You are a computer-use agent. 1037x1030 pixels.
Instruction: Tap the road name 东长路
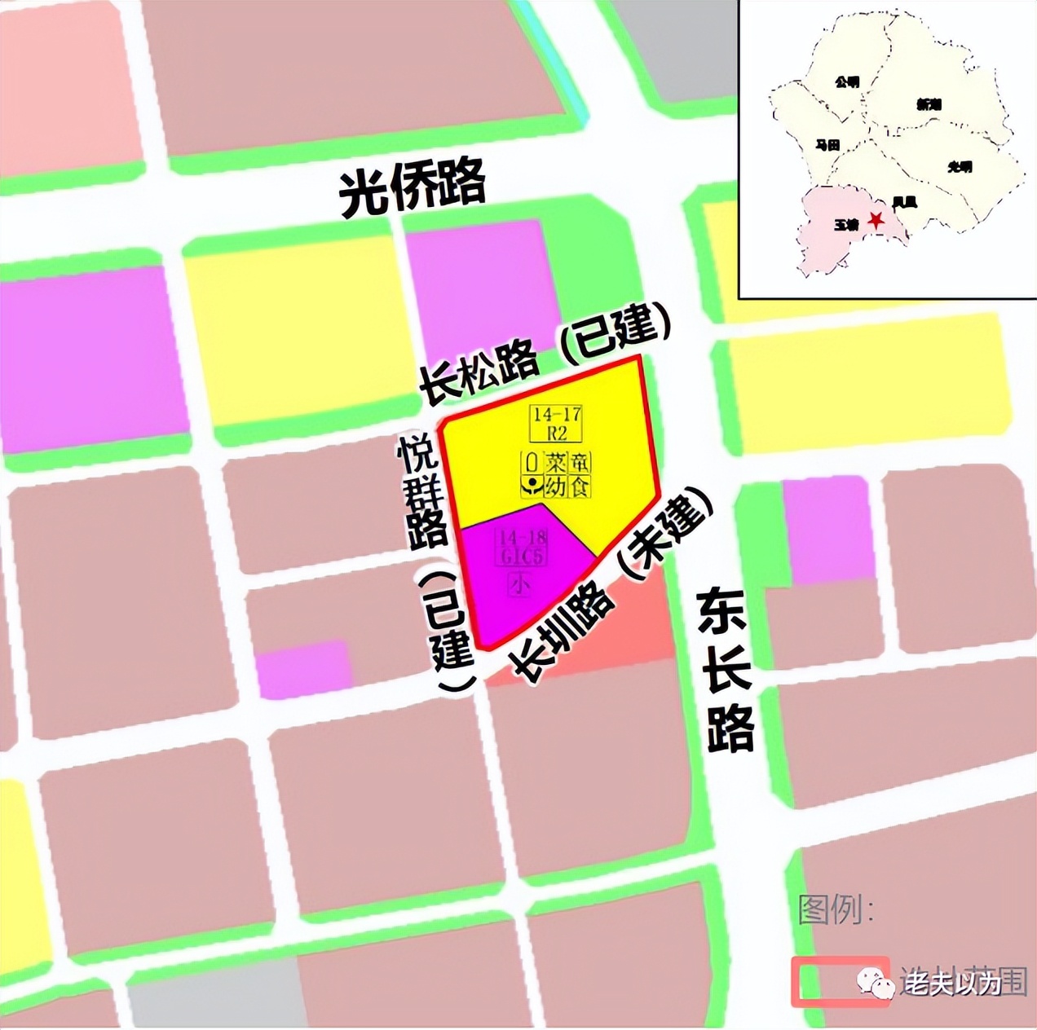tap(726, 670)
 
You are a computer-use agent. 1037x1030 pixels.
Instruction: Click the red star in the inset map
tap(876, 220)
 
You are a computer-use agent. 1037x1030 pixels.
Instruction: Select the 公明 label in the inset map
tap(847, 82)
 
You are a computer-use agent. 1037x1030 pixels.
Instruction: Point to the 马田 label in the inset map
tap(827, 145)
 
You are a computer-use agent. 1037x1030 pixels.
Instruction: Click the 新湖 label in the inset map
tap(929, 104)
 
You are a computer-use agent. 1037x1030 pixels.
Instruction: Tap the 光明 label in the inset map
tap(960, 167)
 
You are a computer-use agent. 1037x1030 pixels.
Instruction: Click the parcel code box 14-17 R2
tap(557, 424)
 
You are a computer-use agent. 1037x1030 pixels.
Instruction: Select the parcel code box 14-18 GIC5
tap(522, 547)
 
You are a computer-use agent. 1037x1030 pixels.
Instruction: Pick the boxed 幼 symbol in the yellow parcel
tap(557, 486)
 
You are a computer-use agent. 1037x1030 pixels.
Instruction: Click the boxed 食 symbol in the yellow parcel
tap(580, 486)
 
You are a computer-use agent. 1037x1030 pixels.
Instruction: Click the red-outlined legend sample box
tap(840, 981)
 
